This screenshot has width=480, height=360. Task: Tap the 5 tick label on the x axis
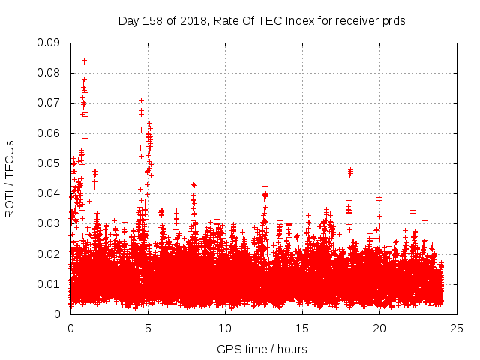148,328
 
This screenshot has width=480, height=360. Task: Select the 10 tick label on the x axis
225,328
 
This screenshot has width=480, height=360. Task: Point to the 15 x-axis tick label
302,328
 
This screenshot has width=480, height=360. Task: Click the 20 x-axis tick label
379,328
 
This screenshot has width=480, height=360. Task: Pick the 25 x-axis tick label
457,328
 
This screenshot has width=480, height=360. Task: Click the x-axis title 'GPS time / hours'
262,349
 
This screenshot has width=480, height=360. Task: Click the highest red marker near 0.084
84,61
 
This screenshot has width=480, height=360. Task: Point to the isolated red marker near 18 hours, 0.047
350,172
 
